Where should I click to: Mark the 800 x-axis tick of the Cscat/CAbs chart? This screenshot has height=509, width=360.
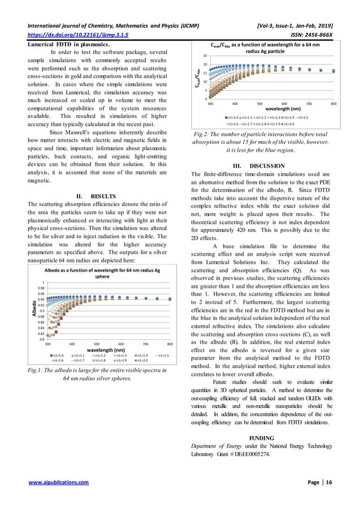tap(334, 104)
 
